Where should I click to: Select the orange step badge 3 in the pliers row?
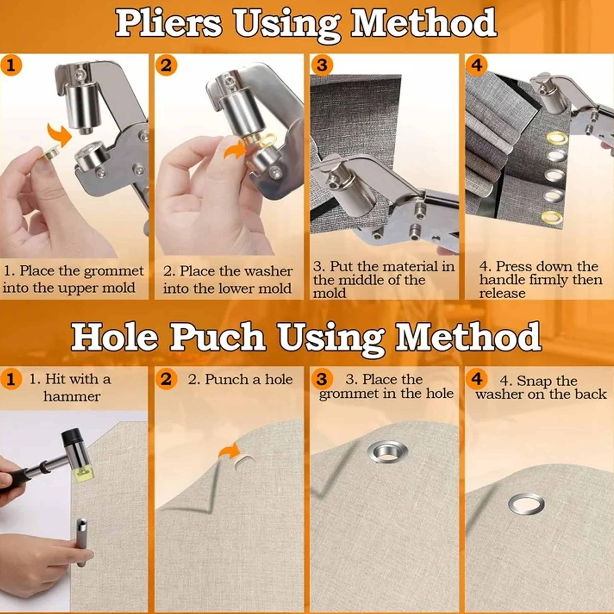click(x=322, y=66)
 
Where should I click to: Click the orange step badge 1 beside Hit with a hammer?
click(x=11, y=379)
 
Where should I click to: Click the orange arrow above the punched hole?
click(x=229, y=451)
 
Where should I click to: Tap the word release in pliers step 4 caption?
click(x=502, y=293)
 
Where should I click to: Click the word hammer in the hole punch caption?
click(x=72, y=396)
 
